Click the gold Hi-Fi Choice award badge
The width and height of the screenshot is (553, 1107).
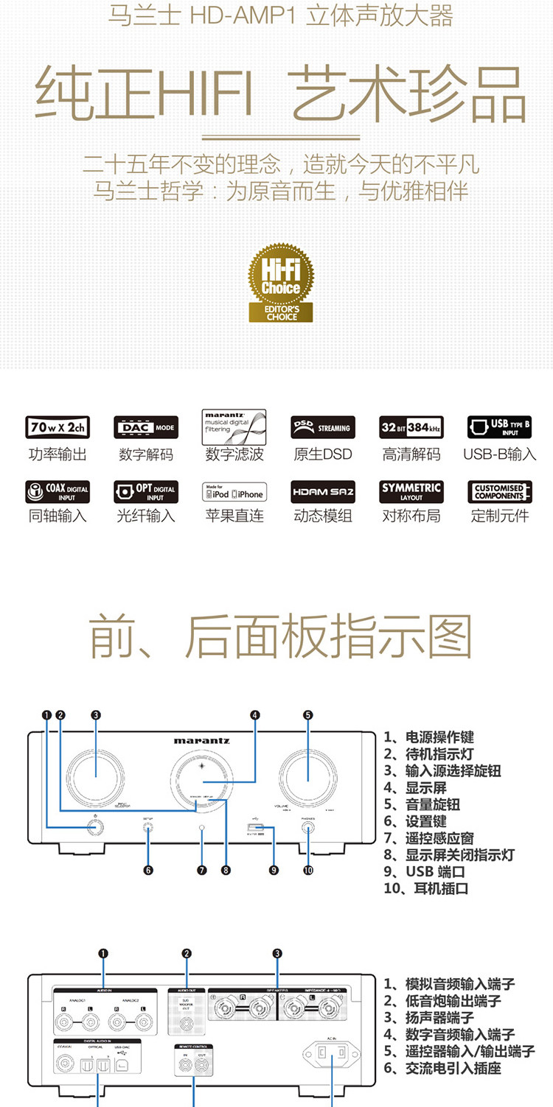pyautogui.click(x=280, y=283)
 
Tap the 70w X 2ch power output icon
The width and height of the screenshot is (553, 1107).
pyautogui.click(x=58, y=427)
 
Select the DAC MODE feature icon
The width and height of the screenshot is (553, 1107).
pyautogui.click(x=146, y=427)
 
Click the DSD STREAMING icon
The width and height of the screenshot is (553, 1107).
pyautogui.click(x=322, y=427)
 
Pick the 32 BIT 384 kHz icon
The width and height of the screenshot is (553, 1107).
pyautogui.click(x=411, y=427)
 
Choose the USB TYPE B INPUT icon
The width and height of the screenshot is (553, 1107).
pyautogui.click(x=499, y=427)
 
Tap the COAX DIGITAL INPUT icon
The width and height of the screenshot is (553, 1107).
pyautogui.click(x=58, y=491)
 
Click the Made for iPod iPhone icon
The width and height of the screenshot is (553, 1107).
pyautogui.click(x=234, y=491)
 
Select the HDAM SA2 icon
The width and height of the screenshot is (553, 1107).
pyautogui.click(x=322, y=491)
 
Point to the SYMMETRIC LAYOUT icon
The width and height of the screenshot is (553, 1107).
pyautogui.click(x=411, y=491)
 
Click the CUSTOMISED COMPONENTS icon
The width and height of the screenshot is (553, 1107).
pyautogui.click(x=499, y=491)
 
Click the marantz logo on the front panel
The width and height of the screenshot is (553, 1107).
pyautogui.click(x=201, y=740)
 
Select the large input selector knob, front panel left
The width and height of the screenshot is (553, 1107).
pyautogui.click(x=96, y=779)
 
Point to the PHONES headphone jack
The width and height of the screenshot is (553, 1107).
pyautogui.click(x=308, y=828)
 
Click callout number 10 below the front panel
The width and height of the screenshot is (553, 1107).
pyautogui.click(x=308, y=870)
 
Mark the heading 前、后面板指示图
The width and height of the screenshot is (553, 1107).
pyautogui.click(x=280, y=636)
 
